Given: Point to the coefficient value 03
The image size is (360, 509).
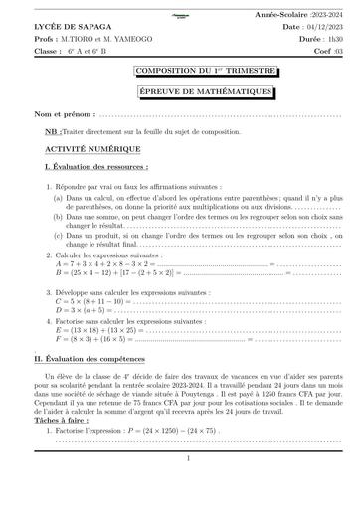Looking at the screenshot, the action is pos(336,48).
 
